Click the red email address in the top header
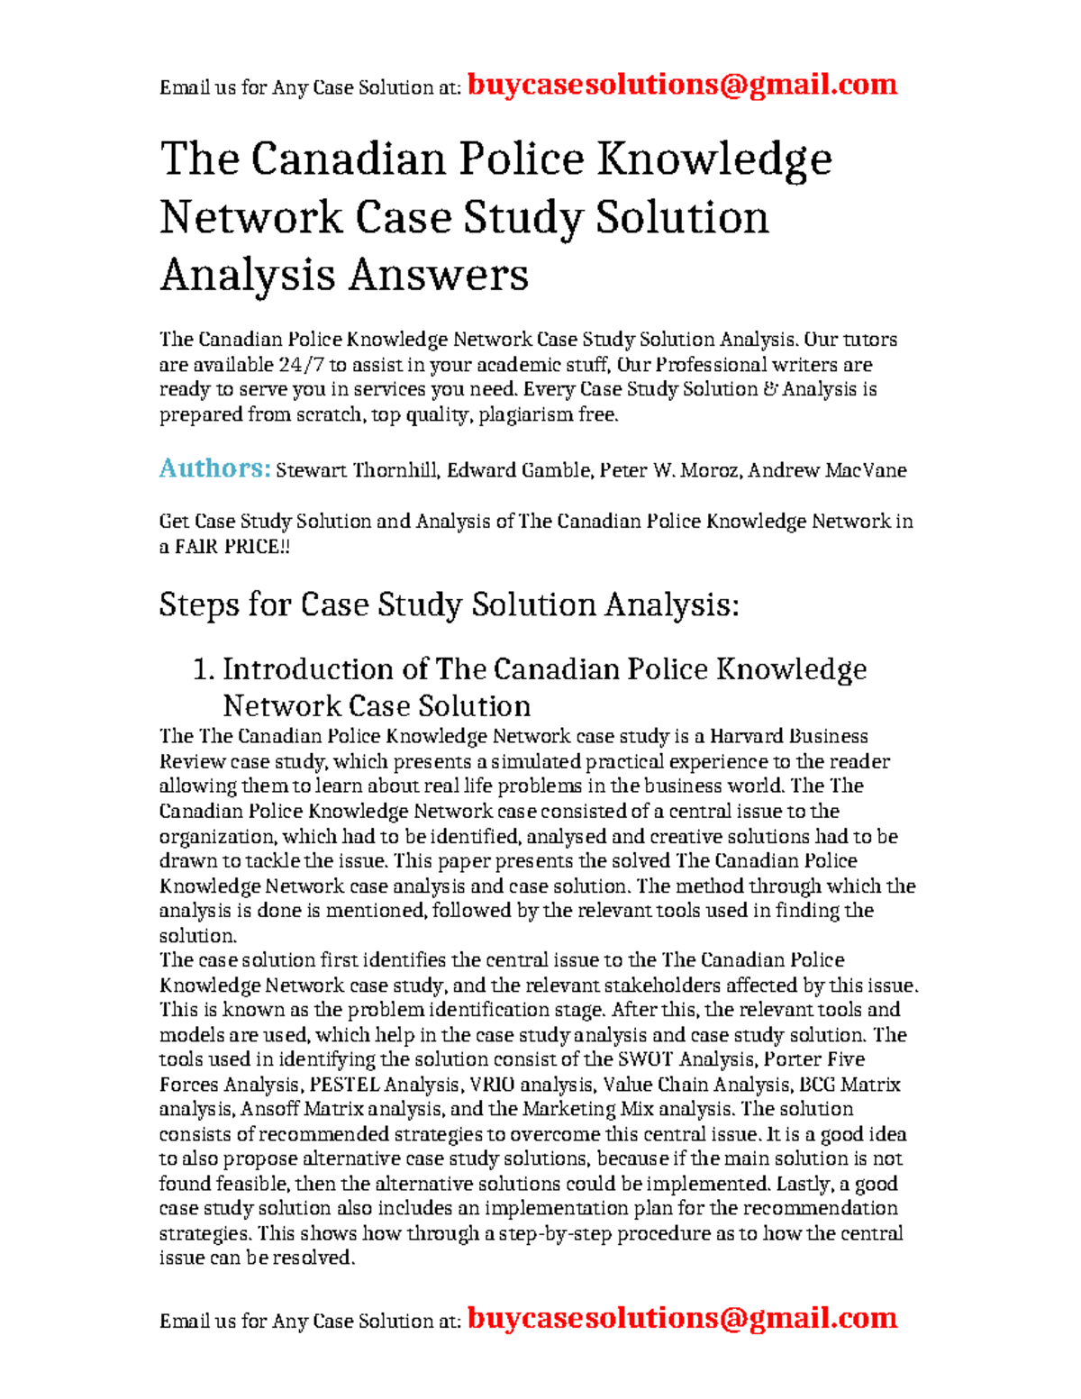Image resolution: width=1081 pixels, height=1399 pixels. coord(682,85)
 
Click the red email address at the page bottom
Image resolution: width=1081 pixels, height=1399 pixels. coord(682,1318)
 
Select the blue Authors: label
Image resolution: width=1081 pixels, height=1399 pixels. coord(214,468)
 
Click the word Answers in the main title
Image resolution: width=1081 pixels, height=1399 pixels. coord(438,275)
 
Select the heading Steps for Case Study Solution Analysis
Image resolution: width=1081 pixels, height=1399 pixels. coord(449,604)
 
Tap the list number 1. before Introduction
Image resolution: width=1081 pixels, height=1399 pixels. coord(204,669)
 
